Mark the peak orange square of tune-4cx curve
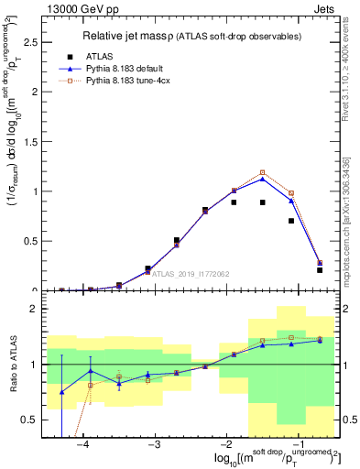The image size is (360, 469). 263,172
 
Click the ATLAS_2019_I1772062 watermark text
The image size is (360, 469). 190,273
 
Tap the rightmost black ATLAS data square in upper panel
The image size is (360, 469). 320,269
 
